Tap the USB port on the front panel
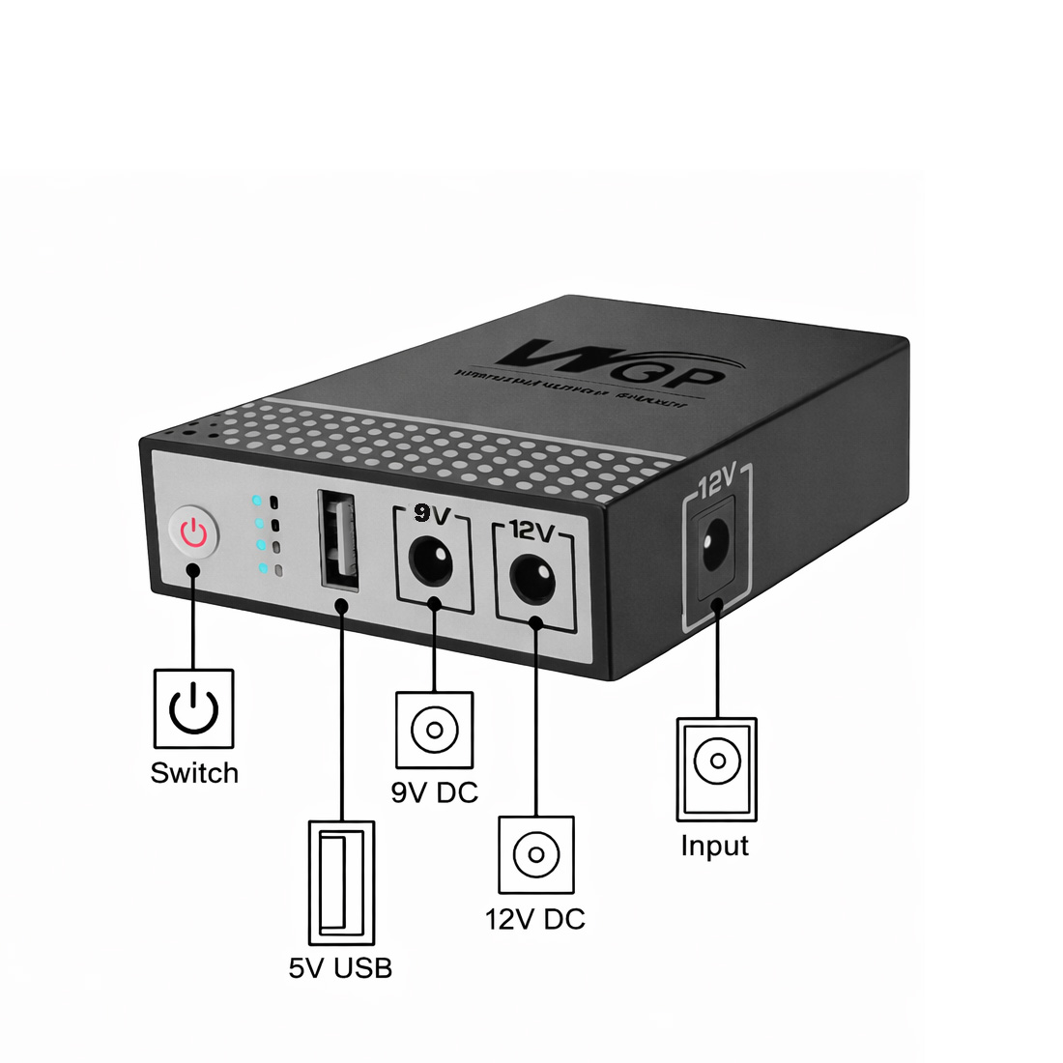point(337,540)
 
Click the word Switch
point(194,773)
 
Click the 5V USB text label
point(340,967)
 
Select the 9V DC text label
point(435,792)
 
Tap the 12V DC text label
point(535,919)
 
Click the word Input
point(715,846)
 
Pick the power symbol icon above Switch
point(194,708)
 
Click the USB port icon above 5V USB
point(341,882)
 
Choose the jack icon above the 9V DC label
point(434,730)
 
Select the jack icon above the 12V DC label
point(536,855)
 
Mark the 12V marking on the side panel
point(716,479)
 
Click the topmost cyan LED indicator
point(257,502)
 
